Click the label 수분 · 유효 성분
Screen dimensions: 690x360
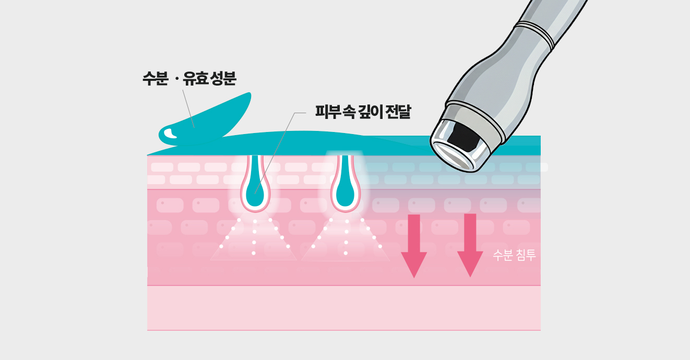coord(189,79)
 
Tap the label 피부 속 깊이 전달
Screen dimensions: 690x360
coord(363,112)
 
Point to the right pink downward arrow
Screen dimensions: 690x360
coord(470,244)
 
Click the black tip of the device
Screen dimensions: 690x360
coord(463,137)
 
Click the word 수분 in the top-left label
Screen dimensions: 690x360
coord(154,79)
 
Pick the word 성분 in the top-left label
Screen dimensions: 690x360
coord(223,79)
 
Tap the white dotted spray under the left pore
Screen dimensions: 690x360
coord(254,237)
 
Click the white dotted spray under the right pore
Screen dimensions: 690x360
coord(346,237)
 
